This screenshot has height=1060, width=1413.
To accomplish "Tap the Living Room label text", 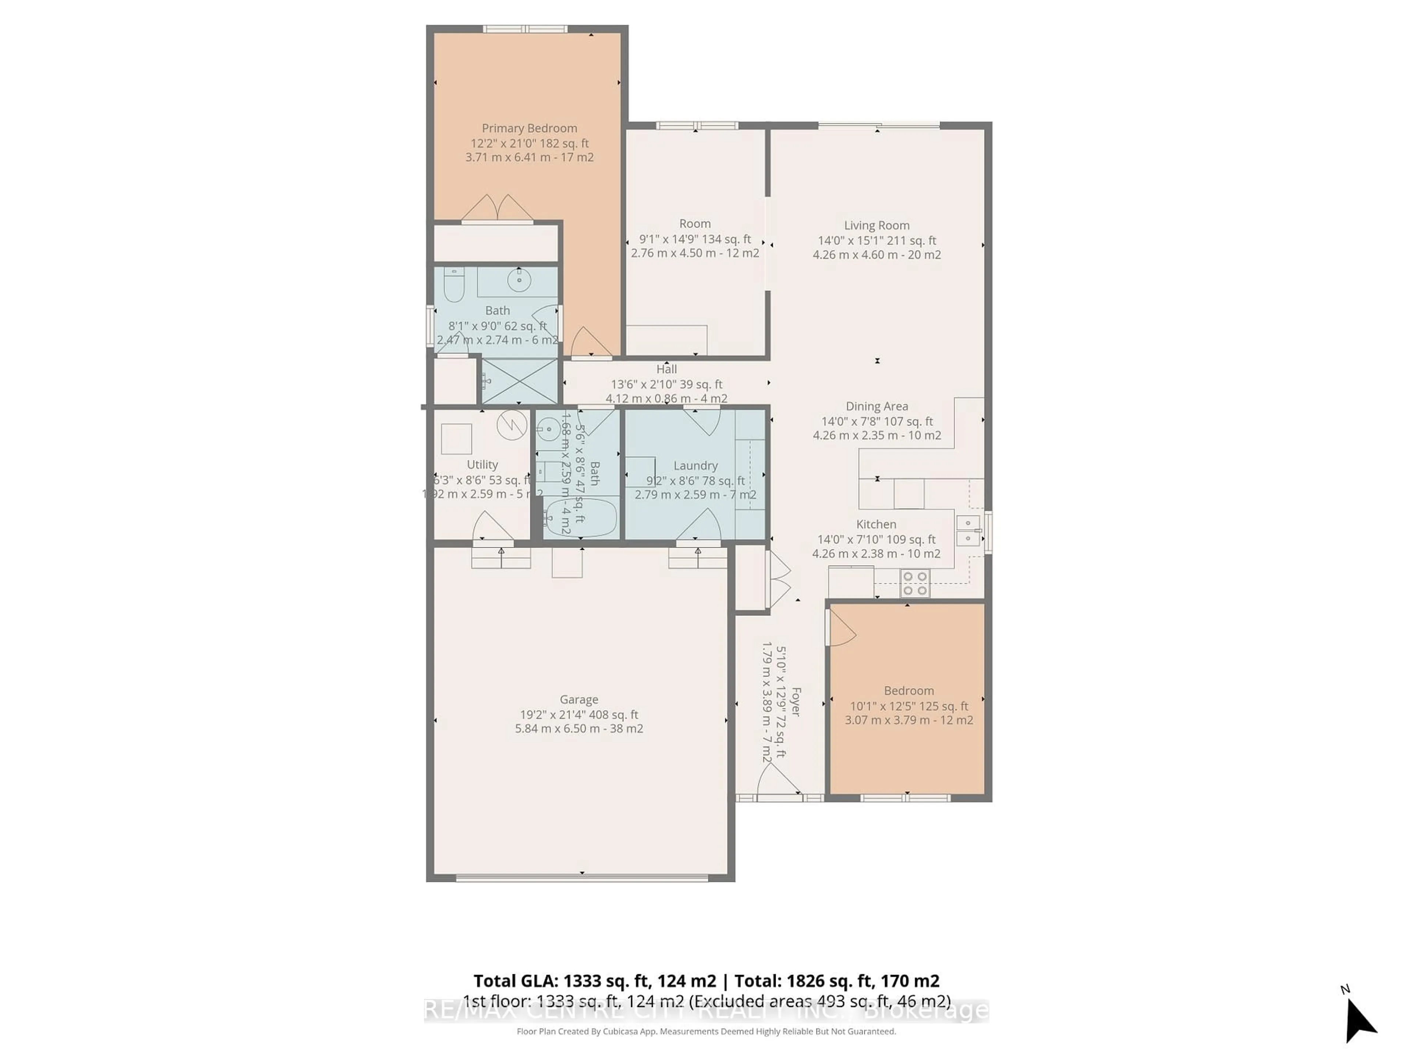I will [877, 226].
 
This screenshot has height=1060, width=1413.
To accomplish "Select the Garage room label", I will [579, 700].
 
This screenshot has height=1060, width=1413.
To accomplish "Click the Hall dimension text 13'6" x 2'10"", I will [666, 384].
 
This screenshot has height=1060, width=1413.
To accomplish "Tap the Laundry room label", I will [695, 466].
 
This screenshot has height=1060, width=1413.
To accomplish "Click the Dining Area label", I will [877, 406].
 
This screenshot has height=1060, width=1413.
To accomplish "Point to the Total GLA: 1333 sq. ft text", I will [594, 981].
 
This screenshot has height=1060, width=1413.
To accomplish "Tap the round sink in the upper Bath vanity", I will [519, 279].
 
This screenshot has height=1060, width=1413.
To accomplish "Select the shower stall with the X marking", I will [519, 381].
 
